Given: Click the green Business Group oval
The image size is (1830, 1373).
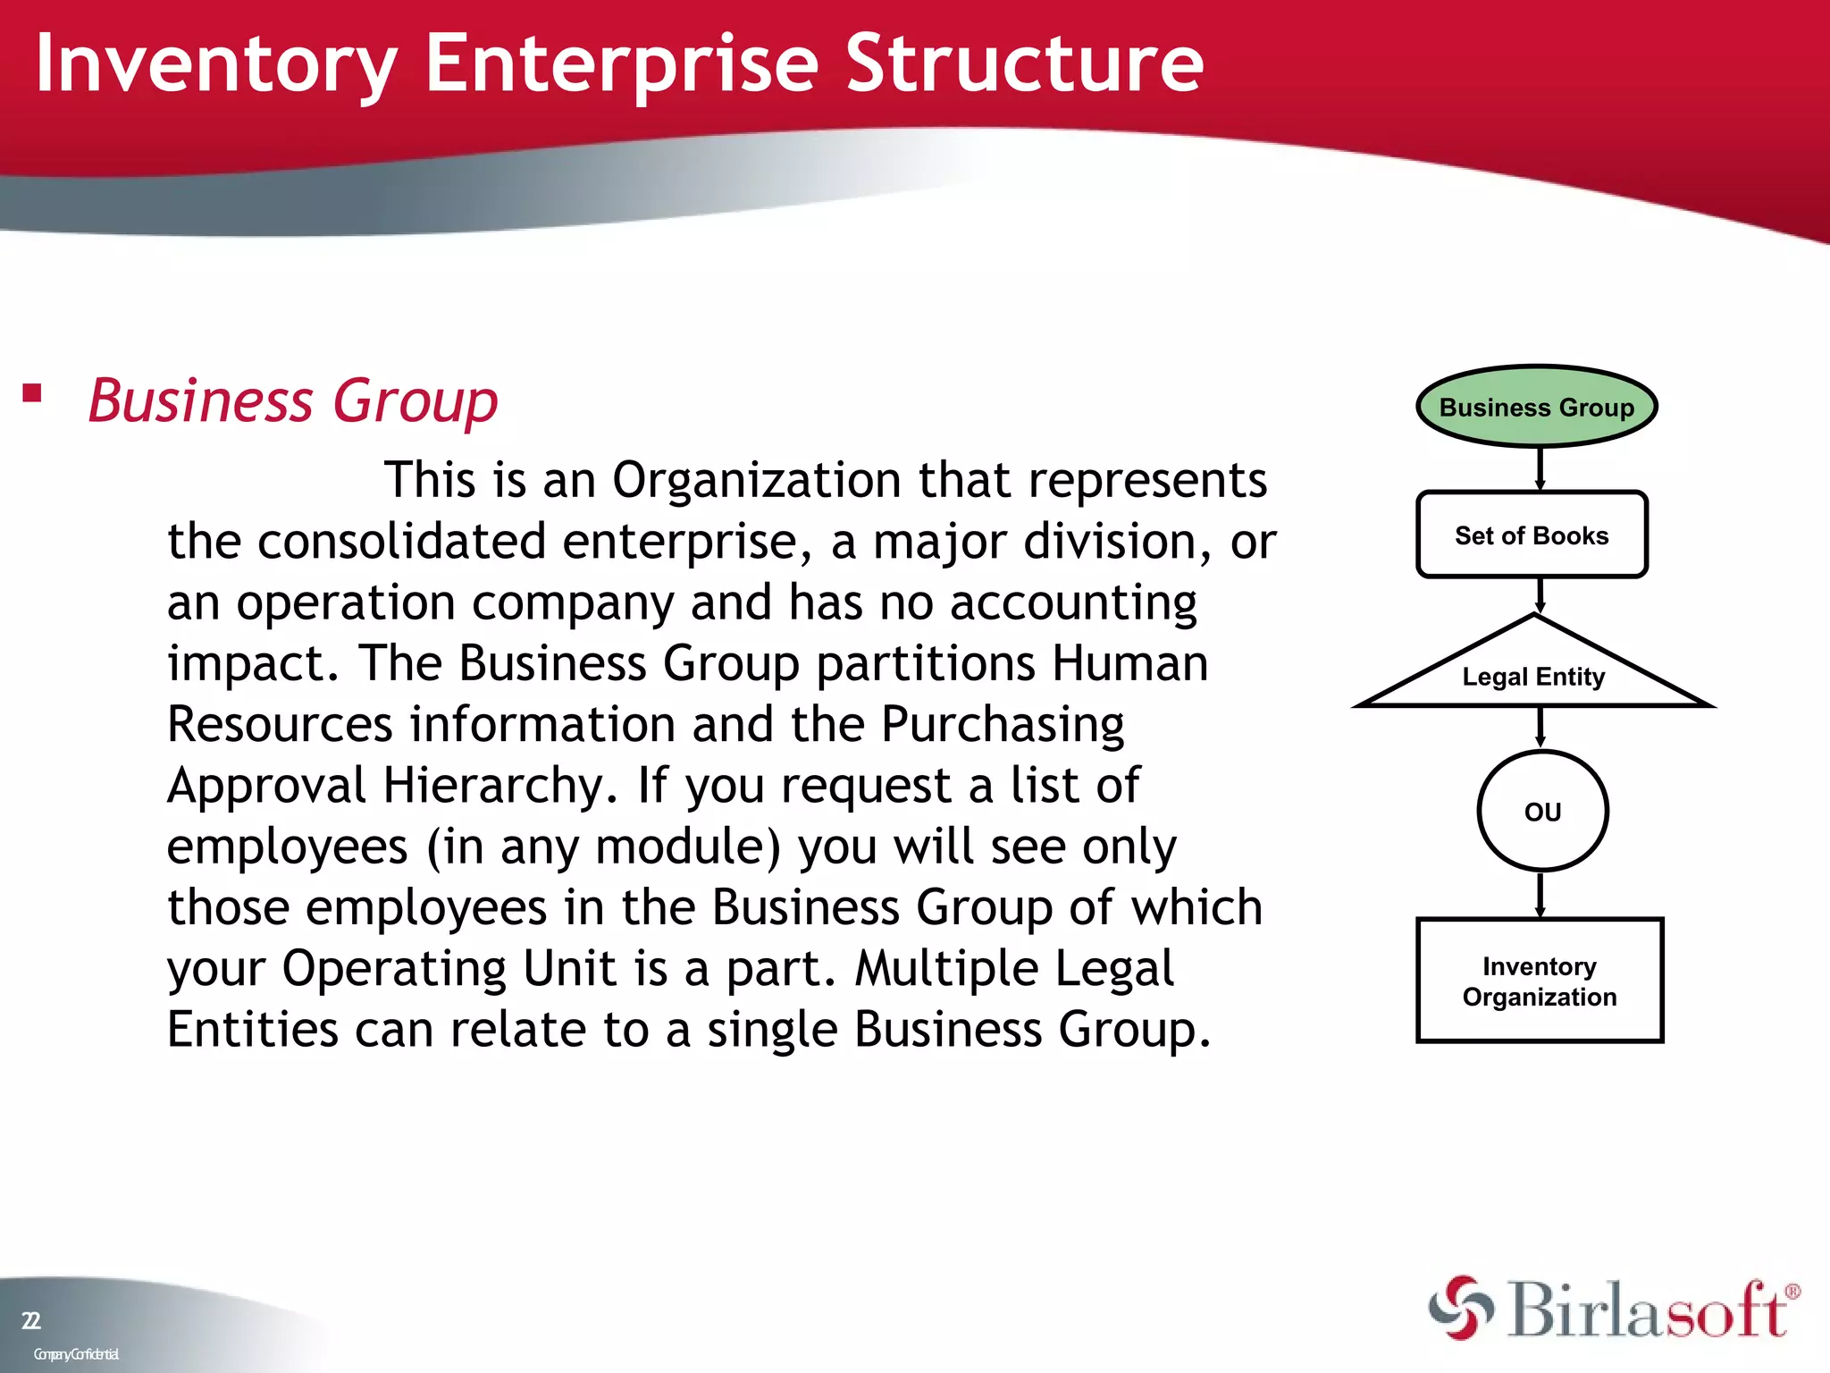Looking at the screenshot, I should click(1536, 407).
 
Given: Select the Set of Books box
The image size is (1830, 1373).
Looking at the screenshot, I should click(1532, 535).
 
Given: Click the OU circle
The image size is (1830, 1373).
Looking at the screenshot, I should click(1542, 811).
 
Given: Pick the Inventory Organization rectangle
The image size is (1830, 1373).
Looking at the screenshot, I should click(1539, 981).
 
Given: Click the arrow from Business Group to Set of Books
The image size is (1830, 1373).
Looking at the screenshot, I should click(1540, 468).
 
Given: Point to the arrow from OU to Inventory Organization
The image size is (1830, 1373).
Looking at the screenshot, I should click(1540, 895).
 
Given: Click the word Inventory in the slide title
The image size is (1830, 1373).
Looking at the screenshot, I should click(215, 64).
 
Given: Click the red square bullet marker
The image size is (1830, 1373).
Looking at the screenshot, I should click(32, 393).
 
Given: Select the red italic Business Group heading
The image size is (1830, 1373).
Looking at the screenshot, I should click(293, 401).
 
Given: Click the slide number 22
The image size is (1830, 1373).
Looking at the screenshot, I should click(30, 1320).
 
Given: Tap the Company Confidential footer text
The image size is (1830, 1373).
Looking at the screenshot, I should click(76, 1354).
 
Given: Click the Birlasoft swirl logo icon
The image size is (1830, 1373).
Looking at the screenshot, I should click(1461, 1308).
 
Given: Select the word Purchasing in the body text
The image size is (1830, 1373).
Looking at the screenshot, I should click(1003, 724).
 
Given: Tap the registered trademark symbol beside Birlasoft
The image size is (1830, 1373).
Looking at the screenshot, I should click(1792, 1292).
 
